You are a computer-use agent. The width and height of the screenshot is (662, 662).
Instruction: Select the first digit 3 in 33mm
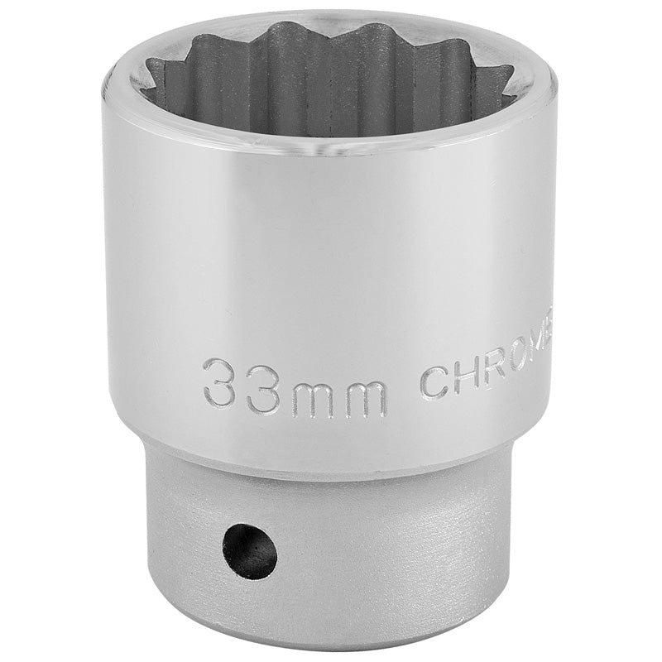click(x=221, y=382)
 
